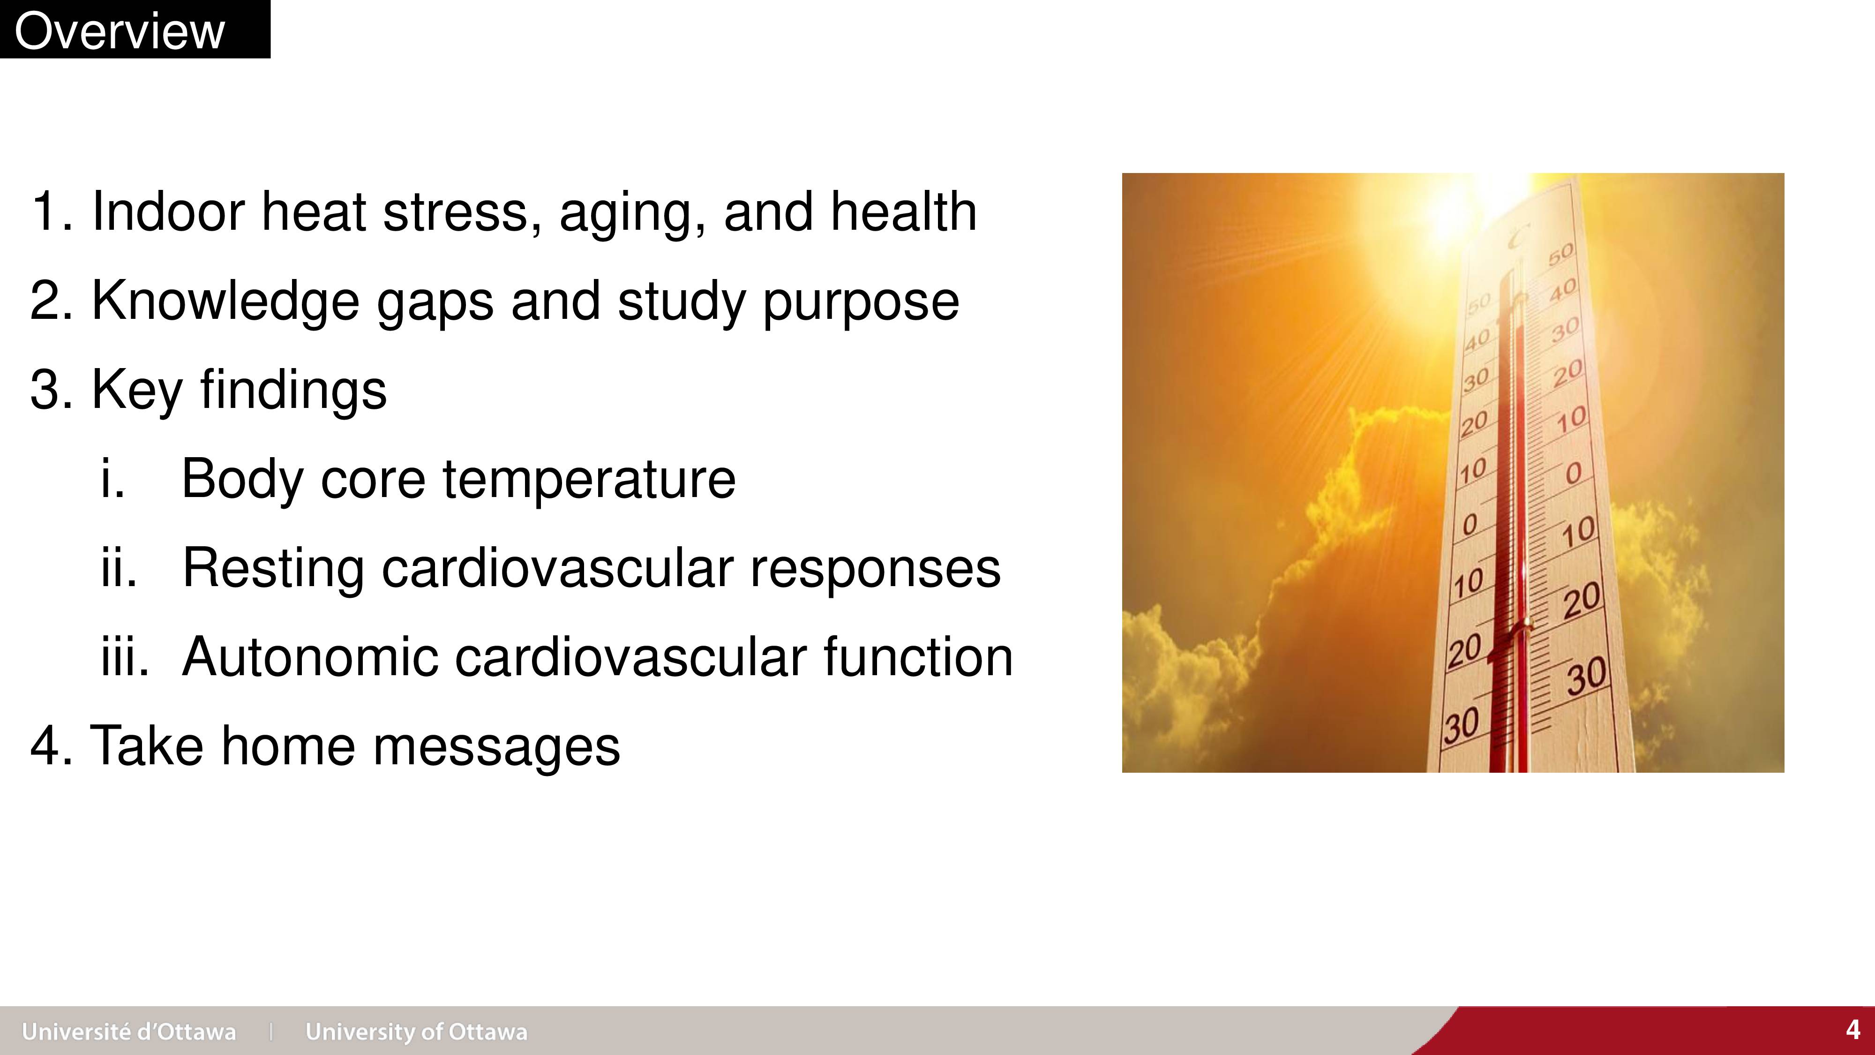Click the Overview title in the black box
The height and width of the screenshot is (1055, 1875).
pyautogui.click(x=120, y=31)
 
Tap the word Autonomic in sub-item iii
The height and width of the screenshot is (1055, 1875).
pyautogui.click(x=310, y=657)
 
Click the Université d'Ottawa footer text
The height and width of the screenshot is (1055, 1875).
pyautogui.click(x=129, y=1032)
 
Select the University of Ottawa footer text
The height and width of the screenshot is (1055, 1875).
pyautogui.click(x=416, y=1032)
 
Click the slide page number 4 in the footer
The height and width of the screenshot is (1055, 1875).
pyautogui.click(x=1853, y=1030)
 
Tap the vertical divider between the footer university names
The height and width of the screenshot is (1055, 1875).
pyautogui.click(x=271, y=1032)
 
